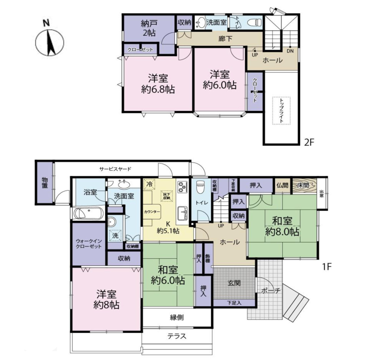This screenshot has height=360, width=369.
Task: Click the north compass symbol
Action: (50, 42)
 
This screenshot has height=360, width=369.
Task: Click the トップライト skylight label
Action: (281, 110)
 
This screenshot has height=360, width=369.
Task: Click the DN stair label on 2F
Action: (290, 51)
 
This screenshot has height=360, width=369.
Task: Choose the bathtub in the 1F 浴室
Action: (88, 213)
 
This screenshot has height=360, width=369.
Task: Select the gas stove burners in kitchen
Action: (182, 187)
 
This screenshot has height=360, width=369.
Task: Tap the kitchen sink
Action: (183, 213)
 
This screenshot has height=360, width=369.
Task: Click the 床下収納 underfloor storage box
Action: (166, 196)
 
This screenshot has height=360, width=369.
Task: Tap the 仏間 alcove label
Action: (282, 185)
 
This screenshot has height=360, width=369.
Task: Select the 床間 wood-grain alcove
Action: (304, 185)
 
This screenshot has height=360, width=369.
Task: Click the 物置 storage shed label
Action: (45, 183)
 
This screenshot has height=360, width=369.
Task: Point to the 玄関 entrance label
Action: (234, 283)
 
